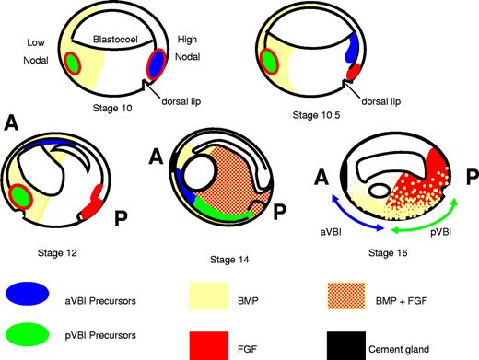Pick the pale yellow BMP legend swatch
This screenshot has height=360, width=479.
213,294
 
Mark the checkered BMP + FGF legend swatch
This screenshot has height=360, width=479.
381,294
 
